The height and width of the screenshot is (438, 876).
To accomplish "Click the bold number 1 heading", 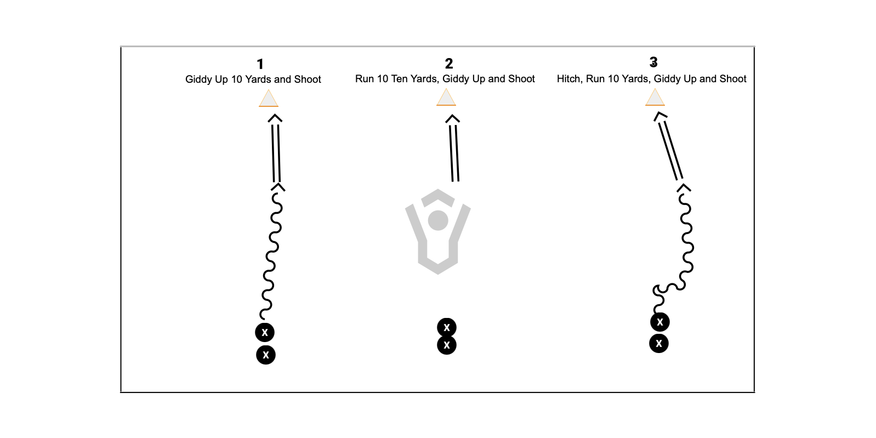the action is (x=260, y=64).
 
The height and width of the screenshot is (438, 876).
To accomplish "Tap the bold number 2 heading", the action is (x=449, y=64).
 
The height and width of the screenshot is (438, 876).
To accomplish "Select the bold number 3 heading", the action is (x=653, y=62).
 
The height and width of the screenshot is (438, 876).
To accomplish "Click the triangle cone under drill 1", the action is (x=269, y=98).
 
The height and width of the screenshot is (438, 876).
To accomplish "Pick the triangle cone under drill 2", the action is (x=446, y=97).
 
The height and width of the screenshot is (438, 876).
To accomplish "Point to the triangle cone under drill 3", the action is (x=655, y=97).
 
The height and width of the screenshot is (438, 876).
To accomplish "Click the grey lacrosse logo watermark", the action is (x=438, y=231).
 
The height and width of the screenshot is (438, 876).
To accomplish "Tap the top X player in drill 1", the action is (x=265, y=332).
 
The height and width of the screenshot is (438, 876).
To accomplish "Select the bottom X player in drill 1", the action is (x=266, y=355).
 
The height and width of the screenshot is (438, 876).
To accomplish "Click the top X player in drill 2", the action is (x=447, y=327).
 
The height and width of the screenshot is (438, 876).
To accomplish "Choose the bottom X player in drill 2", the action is (x=447, y=345).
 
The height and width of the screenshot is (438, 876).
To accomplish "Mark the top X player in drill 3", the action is (x=660, y=322).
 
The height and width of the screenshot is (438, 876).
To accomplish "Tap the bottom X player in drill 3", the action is (x=659, y=343).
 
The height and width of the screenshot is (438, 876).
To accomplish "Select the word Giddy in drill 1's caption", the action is (x=198, y=80).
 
